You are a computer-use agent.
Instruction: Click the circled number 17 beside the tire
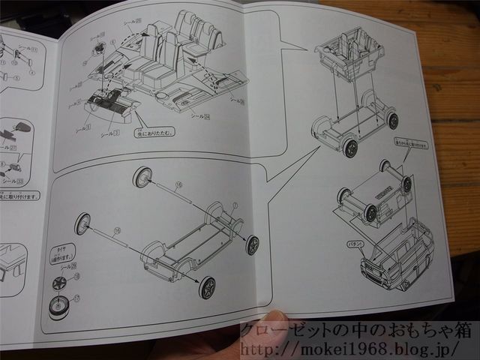pos(76,297)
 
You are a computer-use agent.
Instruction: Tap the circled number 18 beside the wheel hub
pos(76,277)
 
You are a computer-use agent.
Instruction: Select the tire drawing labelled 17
pos(58,306)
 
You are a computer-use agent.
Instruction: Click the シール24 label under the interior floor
pos(199,116)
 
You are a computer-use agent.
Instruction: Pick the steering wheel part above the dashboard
pos(100,49)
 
